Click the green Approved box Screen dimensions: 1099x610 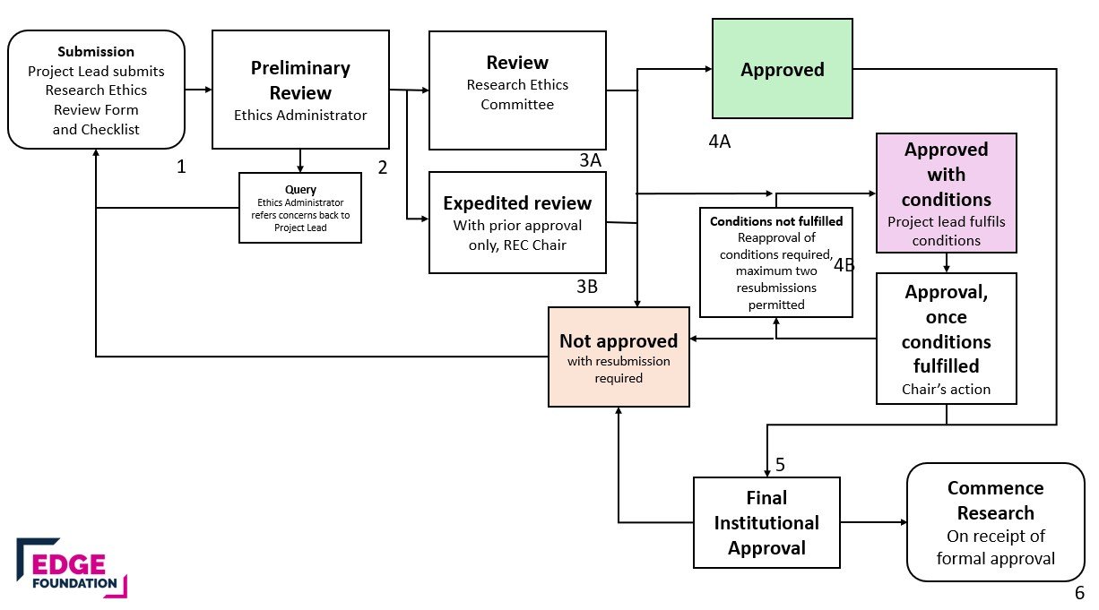pos(782,69)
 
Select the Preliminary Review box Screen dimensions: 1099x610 pos(300,90)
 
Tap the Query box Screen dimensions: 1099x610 pos(300,208)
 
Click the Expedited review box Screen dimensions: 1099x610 pos(517,222)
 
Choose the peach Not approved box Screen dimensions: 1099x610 pos(619,357)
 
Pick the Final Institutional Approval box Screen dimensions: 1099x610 pos(766,523)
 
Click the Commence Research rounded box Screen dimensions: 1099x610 pos(996,522)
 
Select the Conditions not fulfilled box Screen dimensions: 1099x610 pos(776,262)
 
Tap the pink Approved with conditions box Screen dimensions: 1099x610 pos(946,193)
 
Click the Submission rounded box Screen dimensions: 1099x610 pos(96,90)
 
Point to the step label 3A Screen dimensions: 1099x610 pos(590,160)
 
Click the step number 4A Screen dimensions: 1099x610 pos(720,142)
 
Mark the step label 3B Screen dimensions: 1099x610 pos(587,287)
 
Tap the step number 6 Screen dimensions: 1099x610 pos(1080,593)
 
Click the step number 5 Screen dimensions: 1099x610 pos(780,464)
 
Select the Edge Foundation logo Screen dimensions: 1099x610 pos(72,568)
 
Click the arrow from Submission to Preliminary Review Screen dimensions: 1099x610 pos(199,90)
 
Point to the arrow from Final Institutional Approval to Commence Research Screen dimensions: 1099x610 pos(874,522)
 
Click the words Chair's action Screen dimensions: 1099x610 pos(946,390)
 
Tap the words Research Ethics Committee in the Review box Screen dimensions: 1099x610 pos(517,95)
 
